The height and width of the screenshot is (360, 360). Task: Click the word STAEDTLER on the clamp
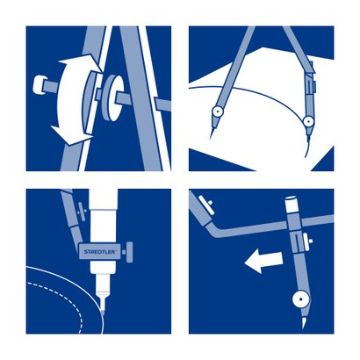coord(100,252)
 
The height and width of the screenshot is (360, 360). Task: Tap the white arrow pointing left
coord(263,261)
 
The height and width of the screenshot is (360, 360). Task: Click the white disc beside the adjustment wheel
coord(113,97)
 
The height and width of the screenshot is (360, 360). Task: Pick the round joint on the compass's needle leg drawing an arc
coord(218,112)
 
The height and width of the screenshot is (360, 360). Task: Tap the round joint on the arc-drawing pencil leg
coord(307,121)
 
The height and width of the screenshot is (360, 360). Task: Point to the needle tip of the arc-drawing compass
coord(211,136)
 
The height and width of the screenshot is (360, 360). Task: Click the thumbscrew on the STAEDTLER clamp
coord(128,252)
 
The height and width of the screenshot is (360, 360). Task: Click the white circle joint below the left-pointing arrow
coord(300,299)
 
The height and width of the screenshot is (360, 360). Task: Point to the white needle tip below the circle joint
coord(305,321)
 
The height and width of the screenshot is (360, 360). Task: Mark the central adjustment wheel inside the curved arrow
coord(90,101)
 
